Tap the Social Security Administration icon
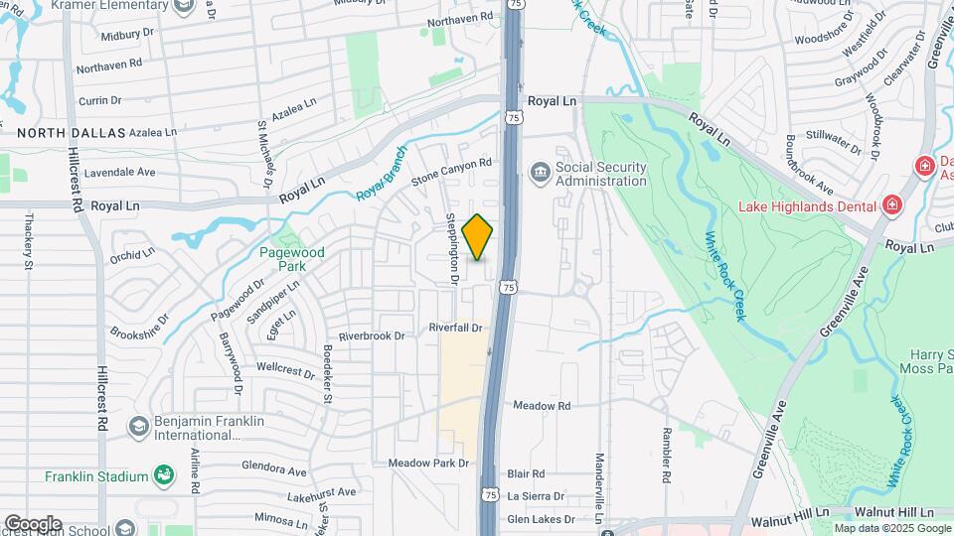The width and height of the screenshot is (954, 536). pyautogui.click(x=540, y=173)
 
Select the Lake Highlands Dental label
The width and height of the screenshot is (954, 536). pyautogui.click(x=806, y=206)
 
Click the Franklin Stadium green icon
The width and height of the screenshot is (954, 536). pyautogui.click(x=161, y=476)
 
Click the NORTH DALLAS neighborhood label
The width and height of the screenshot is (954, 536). pyautogui.click(x=71, y=132)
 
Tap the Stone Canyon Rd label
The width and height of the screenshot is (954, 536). pyautogui.click(x=452, y=171)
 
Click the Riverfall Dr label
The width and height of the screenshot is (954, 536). pyautogui.click(x=455, y=328)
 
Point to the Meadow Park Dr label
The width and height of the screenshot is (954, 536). pyautogui.click(x=427, y=464)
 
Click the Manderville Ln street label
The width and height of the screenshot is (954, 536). pyautogui.click(x=599, y=481)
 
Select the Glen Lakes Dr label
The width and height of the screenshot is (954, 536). pyautogui.click(x=541, y=519)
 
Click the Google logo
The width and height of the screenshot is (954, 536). pyautogui.click(x=32, y=523)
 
